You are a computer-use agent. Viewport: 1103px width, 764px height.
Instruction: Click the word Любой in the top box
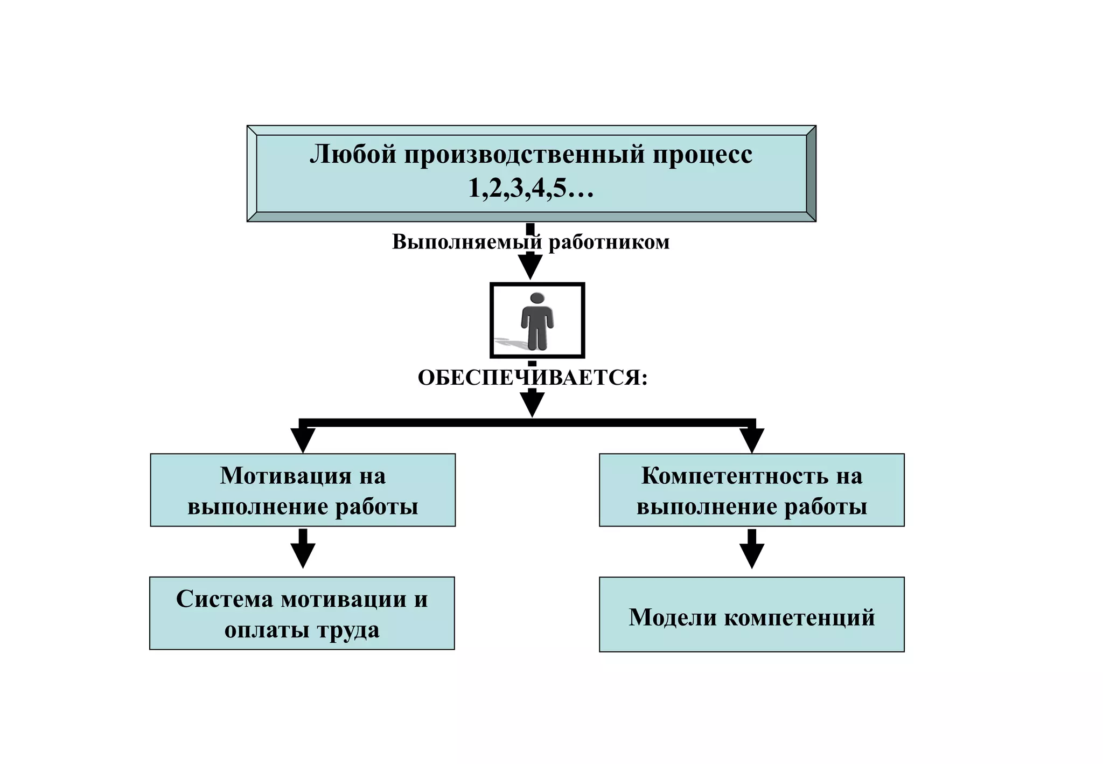[353, 155]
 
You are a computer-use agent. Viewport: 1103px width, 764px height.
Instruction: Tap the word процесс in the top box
[703, 155]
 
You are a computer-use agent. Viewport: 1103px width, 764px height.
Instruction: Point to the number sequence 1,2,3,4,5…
[530, 188]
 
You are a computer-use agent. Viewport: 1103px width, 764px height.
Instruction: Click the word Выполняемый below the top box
[466, 242]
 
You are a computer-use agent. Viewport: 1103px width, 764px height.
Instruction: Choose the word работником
[609, 242]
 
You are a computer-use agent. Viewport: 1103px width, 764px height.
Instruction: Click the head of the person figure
[537, 298]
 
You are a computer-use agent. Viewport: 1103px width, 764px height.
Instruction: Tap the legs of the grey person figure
[537, 338]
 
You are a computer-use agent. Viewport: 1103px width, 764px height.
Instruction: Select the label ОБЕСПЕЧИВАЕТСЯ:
[532, 378]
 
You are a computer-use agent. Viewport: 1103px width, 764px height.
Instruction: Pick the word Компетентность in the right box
[735, 476]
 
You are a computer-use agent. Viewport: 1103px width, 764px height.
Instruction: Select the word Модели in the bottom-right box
[673, 617]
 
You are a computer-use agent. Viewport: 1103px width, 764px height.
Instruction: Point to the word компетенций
[799, 617]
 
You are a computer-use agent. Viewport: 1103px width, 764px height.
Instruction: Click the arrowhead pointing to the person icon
[530, 266]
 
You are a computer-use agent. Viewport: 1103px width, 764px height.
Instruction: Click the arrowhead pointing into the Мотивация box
[303, 441]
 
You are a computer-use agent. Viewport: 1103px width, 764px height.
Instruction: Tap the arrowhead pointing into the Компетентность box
[752, 441]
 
